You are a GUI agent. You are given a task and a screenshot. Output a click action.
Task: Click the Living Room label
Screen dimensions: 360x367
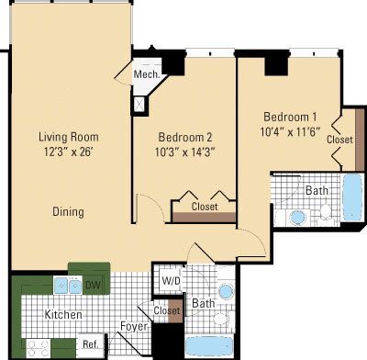[68, 137]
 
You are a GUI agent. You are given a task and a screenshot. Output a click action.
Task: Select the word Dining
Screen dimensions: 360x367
[68, 211]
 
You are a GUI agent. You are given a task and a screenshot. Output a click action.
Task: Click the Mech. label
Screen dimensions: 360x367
[146, 74]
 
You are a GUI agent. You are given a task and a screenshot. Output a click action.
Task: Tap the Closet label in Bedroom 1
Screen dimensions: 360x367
[339, 140]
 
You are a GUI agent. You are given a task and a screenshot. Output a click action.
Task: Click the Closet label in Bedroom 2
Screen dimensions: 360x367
[205, 207]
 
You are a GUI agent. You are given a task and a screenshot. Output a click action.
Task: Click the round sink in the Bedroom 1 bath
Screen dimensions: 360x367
[297, 219]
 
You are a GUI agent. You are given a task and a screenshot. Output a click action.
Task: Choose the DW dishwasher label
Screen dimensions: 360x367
[92, 286]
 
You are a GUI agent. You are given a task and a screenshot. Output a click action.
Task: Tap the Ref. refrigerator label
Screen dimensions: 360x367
[90, 344]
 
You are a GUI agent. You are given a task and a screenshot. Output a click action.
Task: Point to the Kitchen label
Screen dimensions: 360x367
[63, 315]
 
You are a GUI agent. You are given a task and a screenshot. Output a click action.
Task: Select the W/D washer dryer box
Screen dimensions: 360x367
[171, 280]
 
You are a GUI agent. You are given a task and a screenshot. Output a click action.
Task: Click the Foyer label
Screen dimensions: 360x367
[134, 326]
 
